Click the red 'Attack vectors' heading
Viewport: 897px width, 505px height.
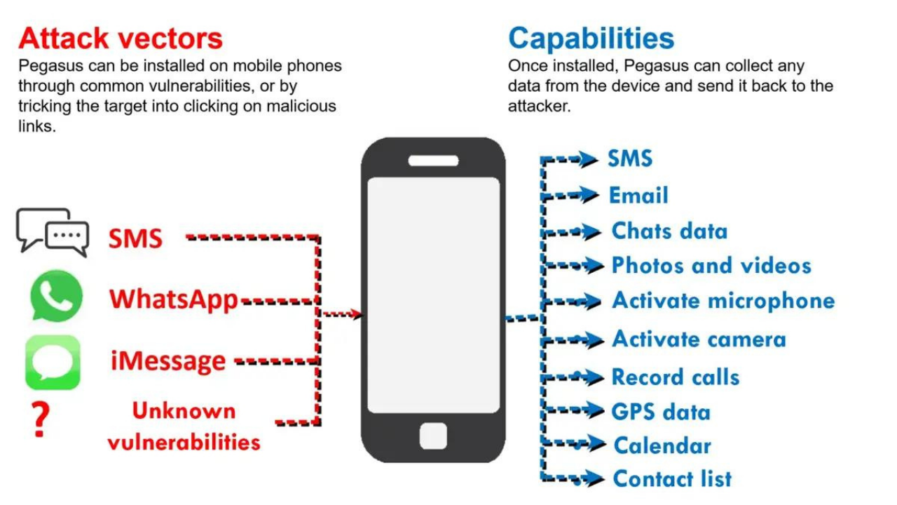coord(121,39)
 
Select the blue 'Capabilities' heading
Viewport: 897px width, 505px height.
coord(591,39)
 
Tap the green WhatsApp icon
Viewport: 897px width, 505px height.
coord(57,296)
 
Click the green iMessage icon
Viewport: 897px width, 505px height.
coord(53,363)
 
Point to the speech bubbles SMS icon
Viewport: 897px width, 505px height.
coord(53,232)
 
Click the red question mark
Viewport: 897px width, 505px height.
coord(41,419)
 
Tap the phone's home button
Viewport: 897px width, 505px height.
coord(433,436)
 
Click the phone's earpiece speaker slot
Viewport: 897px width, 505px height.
coord(433,161)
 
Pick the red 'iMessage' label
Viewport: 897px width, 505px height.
coord(168,361)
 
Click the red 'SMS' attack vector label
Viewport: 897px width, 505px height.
coord(135,239)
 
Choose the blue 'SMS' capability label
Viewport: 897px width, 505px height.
coord(630,159)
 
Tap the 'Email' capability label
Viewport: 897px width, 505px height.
coord(638,196)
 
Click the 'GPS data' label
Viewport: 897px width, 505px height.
coord(661,412)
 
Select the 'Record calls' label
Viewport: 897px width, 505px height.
coord(676,377)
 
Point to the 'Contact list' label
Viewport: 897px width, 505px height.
coord(672,478)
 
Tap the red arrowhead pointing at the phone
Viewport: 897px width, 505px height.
coord(355,314)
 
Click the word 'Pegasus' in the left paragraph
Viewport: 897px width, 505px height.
coord(51,67)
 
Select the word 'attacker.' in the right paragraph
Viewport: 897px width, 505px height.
coord(539,106)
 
